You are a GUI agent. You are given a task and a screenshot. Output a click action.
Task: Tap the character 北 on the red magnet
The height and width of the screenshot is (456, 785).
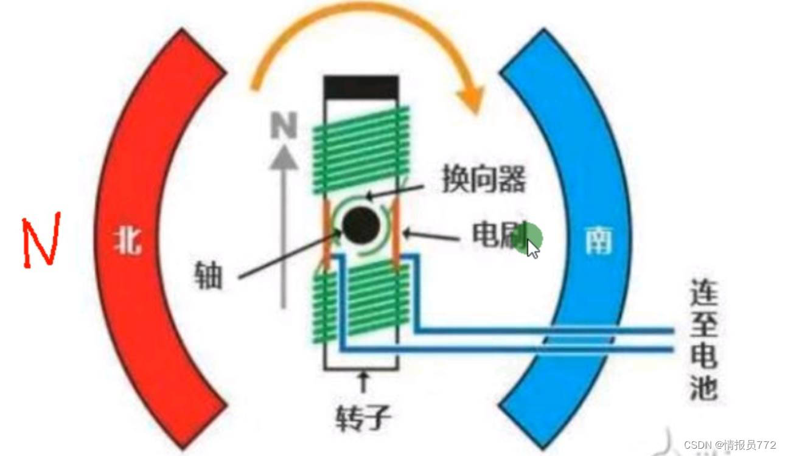click(127, 240)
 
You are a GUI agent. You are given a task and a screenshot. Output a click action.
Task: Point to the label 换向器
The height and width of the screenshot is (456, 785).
click(483, 179)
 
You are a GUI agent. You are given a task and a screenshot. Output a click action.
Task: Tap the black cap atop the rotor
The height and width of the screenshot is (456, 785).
click(361, 88)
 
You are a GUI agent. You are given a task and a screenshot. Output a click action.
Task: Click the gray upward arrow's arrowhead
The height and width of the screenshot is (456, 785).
click(284, 157)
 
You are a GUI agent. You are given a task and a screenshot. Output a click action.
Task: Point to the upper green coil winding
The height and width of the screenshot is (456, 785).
click(361, 143)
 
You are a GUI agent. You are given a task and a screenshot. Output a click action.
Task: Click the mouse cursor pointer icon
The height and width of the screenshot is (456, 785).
click(533, 249)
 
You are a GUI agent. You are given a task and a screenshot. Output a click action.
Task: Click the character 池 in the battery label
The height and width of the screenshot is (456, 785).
click(704, 386)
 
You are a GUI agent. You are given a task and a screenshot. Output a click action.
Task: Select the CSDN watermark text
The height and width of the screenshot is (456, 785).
click(730, 445)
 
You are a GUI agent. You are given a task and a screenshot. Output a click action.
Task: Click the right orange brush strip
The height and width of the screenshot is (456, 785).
click(396, 234)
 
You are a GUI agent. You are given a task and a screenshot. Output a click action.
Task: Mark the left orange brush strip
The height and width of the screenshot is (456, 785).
click(327, 234)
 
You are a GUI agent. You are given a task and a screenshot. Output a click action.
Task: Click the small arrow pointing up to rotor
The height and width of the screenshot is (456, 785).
click(365, 382)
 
